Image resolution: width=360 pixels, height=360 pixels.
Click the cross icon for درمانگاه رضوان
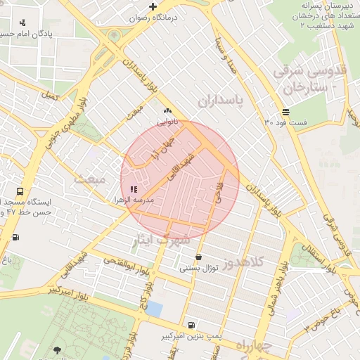pos(153,6)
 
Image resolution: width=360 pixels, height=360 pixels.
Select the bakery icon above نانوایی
pos(167,110)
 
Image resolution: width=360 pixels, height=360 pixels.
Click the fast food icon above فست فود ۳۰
pos(285,112)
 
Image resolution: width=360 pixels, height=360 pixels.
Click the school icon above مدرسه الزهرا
pos(134,189)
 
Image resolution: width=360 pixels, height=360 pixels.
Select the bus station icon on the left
pos(19,191)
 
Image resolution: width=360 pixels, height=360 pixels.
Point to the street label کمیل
pos(48,94)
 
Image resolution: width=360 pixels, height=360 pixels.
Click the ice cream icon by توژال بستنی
pos(199,257)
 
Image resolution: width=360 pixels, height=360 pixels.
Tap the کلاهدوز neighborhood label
pos(244,262)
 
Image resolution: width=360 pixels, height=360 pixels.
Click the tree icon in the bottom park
pos(56,349)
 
